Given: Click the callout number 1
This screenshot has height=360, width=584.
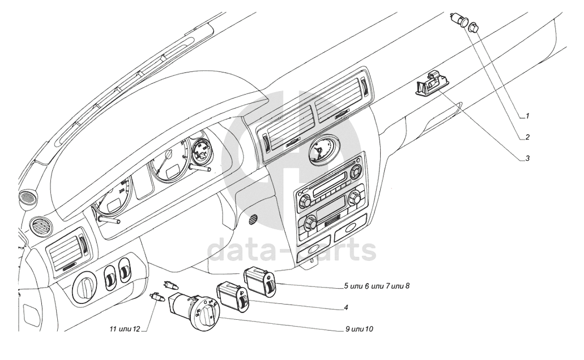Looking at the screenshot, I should pos(527,116).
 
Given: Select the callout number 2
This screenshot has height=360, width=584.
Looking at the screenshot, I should pos(527,137).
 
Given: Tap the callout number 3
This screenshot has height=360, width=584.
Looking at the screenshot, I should pos(527,158).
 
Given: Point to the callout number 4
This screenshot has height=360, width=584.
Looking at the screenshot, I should pos(345,308).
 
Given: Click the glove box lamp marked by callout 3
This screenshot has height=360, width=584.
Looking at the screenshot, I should pos(430,85).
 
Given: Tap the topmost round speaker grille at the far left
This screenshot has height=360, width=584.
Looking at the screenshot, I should pos(26,198).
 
